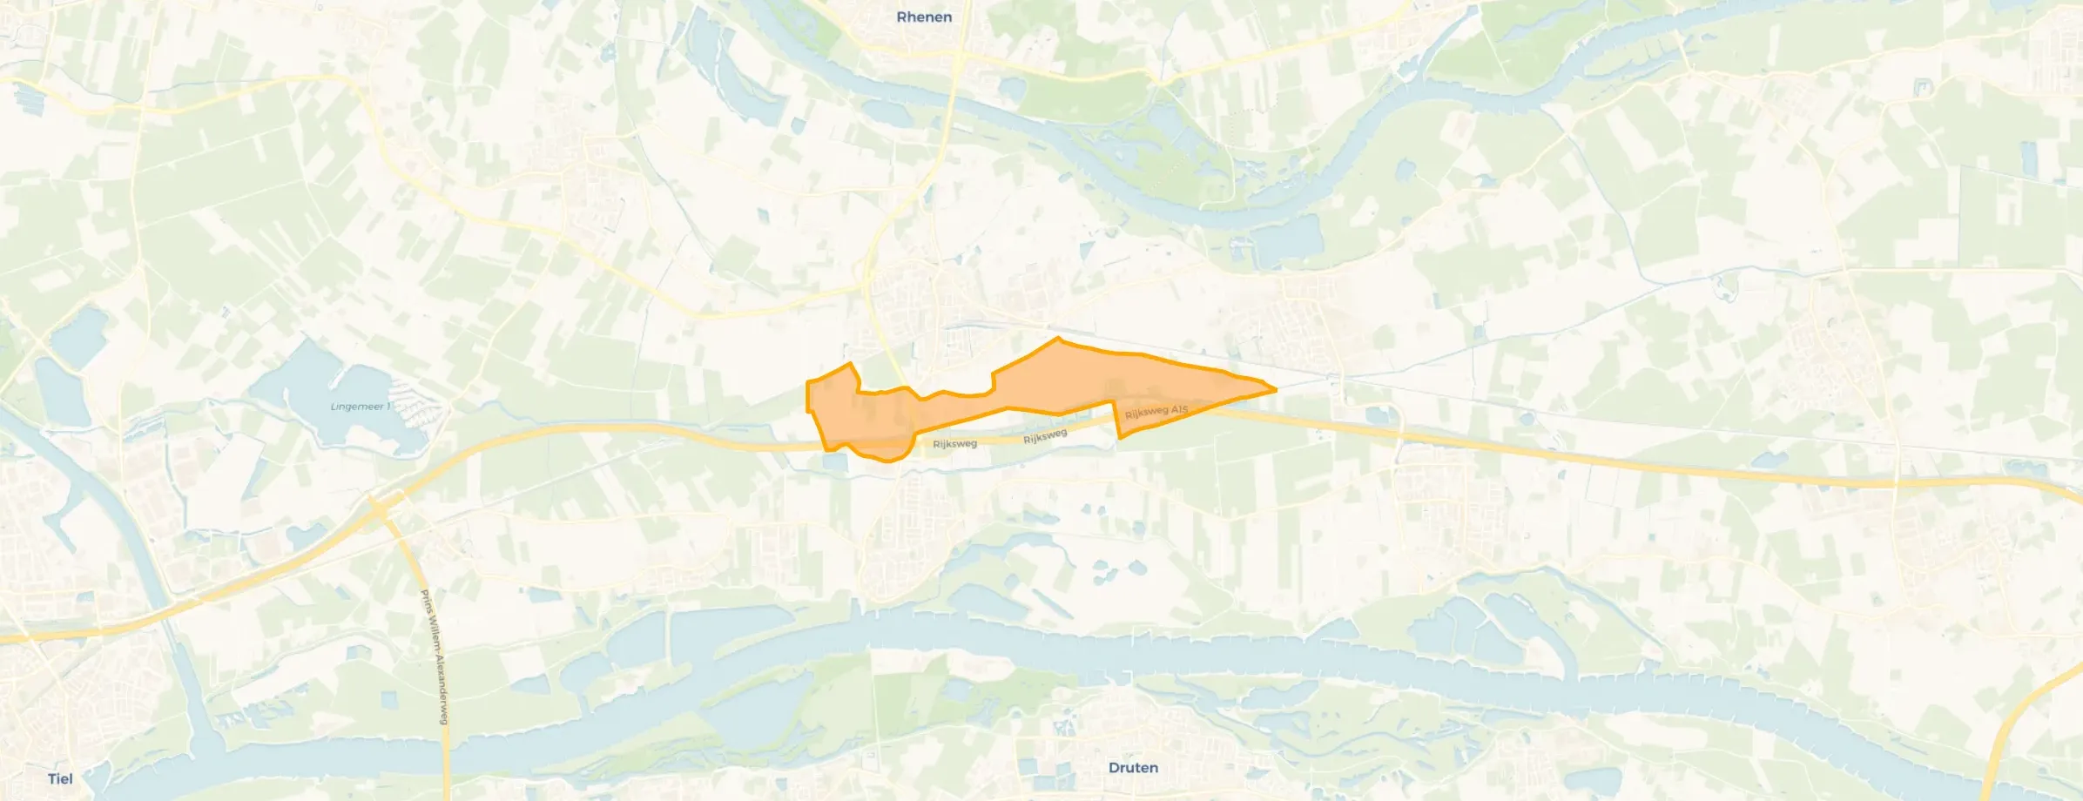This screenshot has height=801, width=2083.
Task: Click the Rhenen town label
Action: point(924,17)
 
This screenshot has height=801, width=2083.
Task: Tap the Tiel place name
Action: point(60,778)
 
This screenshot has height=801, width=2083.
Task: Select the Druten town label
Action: point(1133,768)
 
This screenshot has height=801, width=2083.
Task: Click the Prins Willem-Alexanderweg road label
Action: point(434,657)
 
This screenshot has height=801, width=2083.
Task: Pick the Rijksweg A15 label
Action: point(1156,411)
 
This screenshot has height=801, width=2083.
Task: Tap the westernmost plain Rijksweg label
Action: point(954,444)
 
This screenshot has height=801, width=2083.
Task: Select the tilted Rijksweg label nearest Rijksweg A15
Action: point(1045,436)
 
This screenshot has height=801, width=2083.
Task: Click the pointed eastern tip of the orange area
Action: point(1275,389)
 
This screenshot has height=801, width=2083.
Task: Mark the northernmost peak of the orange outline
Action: point(1058,338)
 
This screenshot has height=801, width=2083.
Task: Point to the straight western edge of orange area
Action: point(808,396)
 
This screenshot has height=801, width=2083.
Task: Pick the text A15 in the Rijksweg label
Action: point(1178,407)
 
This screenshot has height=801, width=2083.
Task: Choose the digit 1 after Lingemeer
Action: point(388,407)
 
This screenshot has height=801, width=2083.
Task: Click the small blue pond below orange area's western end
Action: point(833,464)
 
